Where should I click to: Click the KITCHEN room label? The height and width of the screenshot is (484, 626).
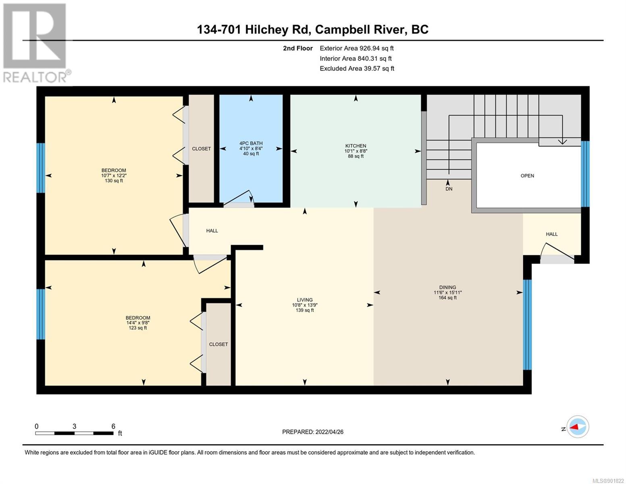coord(356,146)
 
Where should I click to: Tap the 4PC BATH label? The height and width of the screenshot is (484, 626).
coord(251,143)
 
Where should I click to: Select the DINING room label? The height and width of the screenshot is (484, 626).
coord(447,288)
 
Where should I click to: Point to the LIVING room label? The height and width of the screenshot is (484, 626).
coord(304,300)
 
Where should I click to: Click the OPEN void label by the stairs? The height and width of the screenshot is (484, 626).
coord(527,176)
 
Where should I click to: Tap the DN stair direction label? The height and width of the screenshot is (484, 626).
coord(449,189)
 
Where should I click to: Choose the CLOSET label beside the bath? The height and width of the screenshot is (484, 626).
coord(202,149)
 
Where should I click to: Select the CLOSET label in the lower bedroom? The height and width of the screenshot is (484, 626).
coord(218,344)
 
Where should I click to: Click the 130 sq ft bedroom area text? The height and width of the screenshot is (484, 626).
coord(114,181)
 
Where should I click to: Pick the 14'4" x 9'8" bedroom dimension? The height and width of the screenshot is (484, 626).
coord(138,323)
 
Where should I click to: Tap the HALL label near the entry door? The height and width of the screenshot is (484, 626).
coord(552,234)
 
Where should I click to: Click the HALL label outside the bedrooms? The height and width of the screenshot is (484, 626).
coord(212,231)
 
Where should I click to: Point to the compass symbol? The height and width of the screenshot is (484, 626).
coord(578,427)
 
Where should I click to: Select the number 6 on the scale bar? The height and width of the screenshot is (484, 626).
coord(113,426)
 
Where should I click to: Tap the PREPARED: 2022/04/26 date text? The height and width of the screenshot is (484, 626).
coord(312,432)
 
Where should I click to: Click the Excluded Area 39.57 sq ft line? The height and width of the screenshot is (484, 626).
coord(357,69)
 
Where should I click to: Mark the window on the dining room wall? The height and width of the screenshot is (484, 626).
coord(527,325)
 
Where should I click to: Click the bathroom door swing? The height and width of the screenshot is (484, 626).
coord(239,198)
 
